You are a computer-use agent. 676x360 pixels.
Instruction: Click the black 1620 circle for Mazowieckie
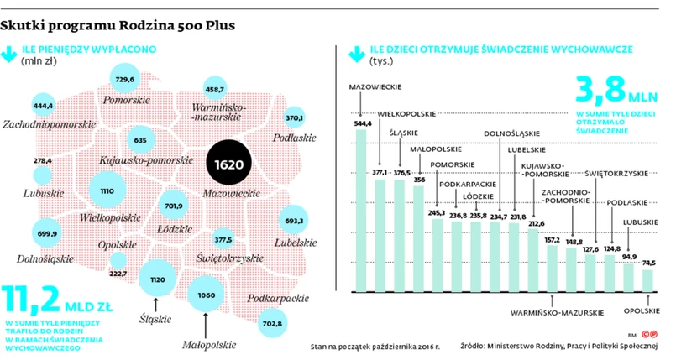[x=229, y=163]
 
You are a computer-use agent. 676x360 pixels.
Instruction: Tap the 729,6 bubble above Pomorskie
[x=124, y=79]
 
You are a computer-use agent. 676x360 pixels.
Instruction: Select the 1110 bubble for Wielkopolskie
[x=107, y=191]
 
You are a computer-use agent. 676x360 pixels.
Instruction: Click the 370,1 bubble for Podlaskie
[x=294, y=117]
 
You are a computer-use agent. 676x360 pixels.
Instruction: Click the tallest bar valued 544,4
[x=361, y=210]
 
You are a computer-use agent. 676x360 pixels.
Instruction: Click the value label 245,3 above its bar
[x=436, y=212]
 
